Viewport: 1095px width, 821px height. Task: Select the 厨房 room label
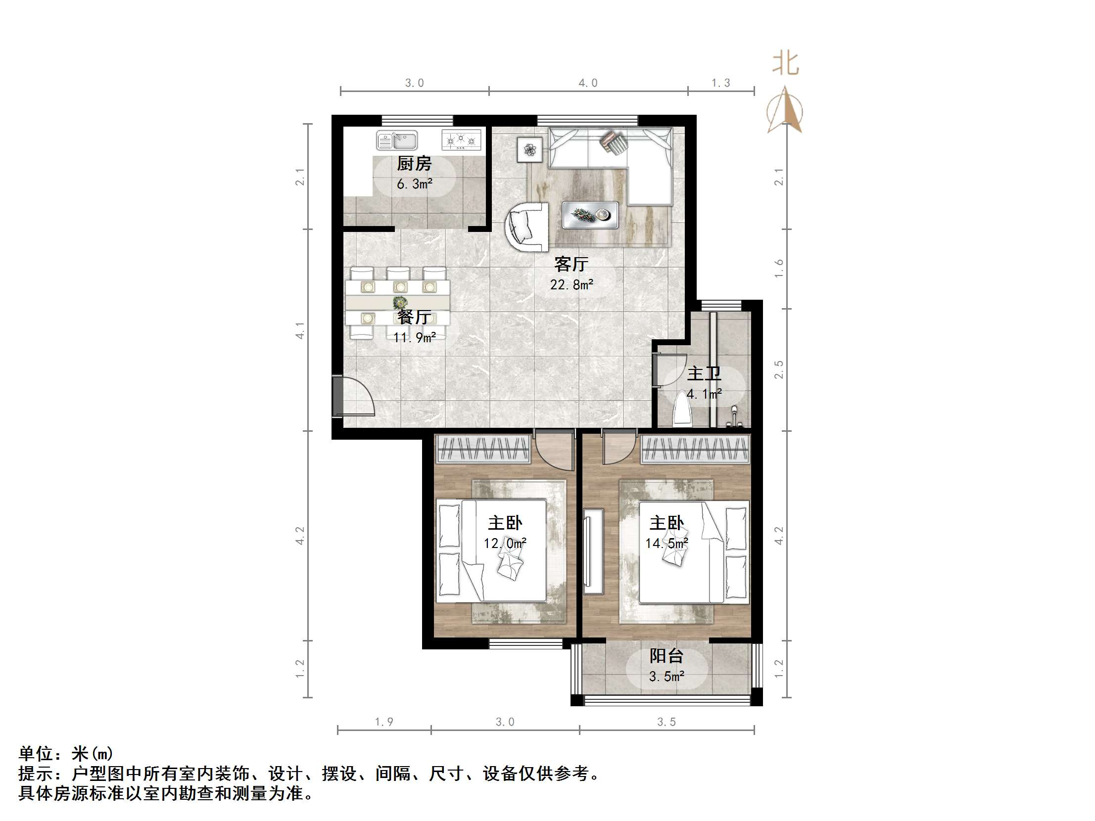point(414,163)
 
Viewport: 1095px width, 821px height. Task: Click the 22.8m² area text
point(572,284)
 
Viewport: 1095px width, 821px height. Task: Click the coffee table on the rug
point(590,215)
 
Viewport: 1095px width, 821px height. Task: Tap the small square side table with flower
point(530,149)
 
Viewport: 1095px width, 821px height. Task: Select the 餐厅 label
point(414,317)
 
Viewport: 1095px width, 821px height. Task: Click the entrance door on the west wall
point(338,396)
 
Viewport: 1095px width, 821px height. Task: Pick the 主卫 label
point(704,373)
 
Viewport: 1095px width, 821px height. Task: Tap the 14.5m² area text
point(667,544)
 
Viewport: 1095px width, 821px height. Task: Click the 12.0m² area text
point(505,544)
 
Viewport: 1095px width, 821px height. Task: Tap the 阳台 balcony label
point(667,656)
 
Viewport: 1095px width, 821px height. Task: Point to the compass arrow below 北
point(785,110)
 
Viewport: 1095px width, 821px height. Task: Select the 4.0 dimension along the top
point(588,83)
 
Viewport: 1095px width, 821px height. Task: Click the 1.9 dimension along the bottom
point(383,722)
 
